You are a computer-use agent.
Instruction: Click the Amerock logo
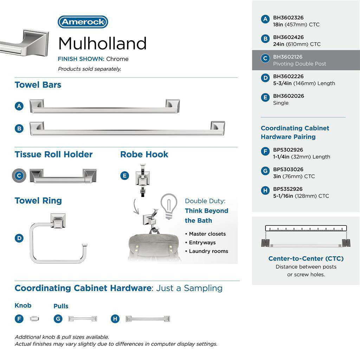[x=83, y=22]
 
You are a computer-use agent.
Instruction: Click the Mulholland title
[x=102, y=43]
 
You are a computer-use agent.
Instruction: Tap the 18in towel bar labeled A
[x=104, y=106]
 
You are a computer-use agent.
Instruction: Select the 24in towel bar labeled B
[x=127, y=128]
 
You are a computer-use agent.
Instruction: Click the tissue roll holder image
[x=63, y=175]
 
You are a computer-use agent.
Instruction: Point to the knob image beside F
[x=35, y=319]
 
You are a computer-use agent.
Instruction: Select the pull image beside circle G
[x=82, y=319]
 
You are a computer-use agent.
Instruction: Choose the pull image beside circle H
[x=148, y=319]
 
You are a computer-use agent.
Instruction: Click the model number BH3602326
[x=288, y=18]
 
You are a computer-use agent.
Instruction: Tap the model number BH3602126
[x=288, y=57]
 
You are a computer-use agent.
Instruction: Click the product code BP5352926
[x=288, y=189]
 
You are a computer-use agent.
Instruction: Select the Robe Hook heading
[x=144, y=154]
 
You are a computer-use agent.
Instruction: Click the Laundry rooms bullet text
[x=208, y=251]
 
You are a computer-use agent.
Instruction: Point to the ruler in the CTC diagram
[x=306, y=228]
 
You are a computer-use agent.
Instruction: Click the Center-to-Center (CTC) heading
[x=306, y=258]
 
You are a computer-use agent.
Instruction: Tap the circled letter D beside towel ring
[x=19, y=238]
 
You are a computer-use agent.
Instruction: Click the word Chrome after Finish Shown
[x=117, y=59]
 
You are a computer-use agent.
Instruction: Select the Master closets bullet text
[x=207, y=234]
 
